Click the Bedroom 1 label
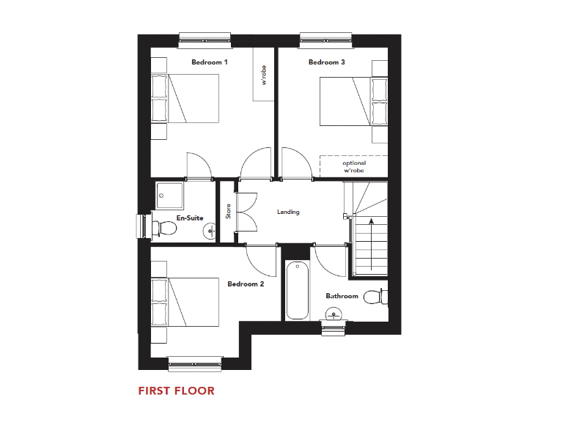pos(210,62)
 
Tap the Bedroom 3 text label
pos(327,62)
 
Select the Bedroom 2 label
pos(245,284)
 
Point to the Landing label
pos(288,212)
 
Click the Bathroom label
pos(342,296)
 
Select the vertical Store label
pos(228,211)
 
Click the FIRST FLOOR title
pos(177,390)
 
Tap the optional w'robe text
pos(353,166)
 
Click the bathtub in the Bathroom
pos(297,290)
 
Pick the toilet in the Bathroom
pos(375,297)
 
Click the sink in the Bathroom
pos(334,315)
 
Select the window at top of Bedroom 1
pos(205,37)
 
